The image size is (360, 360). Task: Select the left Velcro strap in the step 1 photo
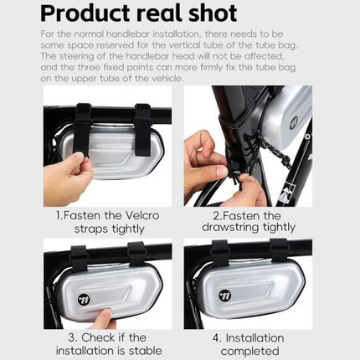81,126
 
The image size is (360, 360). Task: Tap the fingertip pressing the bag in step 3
103,316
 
